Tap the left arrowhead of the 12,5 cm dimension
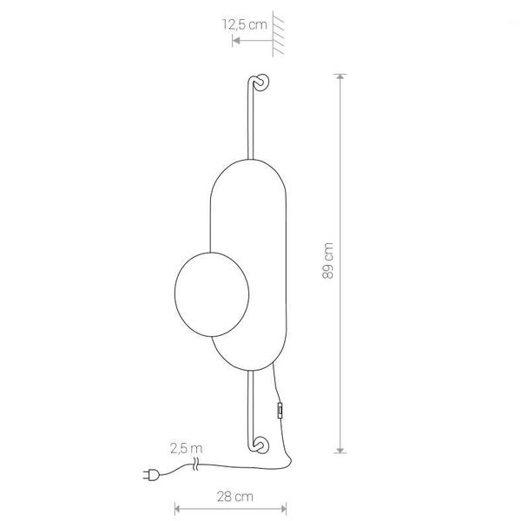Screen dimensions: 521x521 point(235,39)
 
